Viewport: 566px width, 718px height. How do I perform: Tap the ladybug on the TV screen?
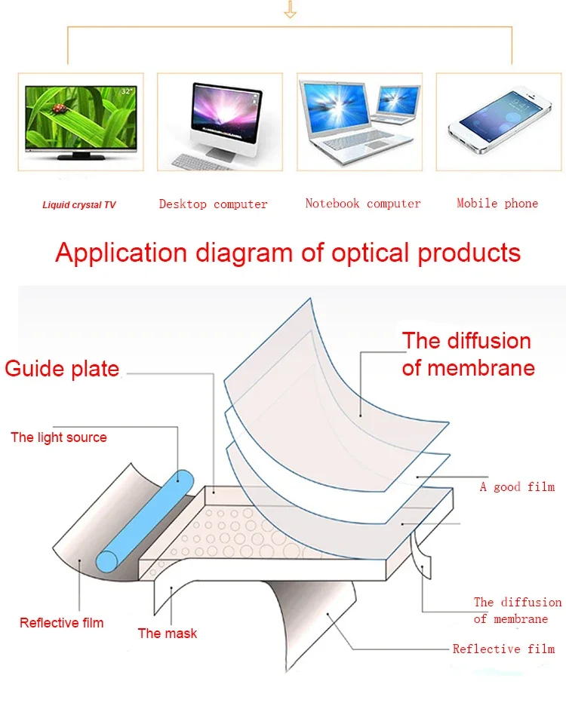coord(58,109)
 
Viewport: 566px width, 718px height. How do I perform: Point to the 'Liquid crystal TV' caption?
coord(79,204)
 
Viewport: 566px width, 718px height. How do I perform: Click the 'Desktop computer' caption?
coord(213,204)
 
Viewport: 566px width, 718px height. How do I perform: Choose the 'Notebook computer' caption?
coord(362,203)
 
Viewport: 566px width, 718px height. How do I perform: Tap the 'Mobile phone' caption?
coord(497,203)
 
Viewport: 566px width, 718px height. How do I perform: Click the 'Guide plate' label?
coord(62,369)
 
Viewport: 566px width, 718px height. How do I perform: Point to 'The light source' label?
coord(59,437)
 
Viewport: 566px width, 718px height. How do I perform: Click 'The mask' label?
coord(167,633)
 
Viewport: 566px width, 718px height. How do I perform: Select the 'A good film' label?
coord(517,486)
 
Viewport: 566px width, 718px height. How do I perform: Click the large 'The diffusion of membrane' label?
coord(468,354)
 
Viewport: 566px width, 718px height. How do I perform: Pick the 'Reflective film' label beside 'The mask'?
coord(61,622)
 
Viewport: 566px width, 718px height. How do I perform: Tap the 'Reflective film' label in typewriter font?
coord(503,649)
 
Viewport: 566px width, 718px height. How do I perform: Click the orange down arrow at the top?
coord(290,11)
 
